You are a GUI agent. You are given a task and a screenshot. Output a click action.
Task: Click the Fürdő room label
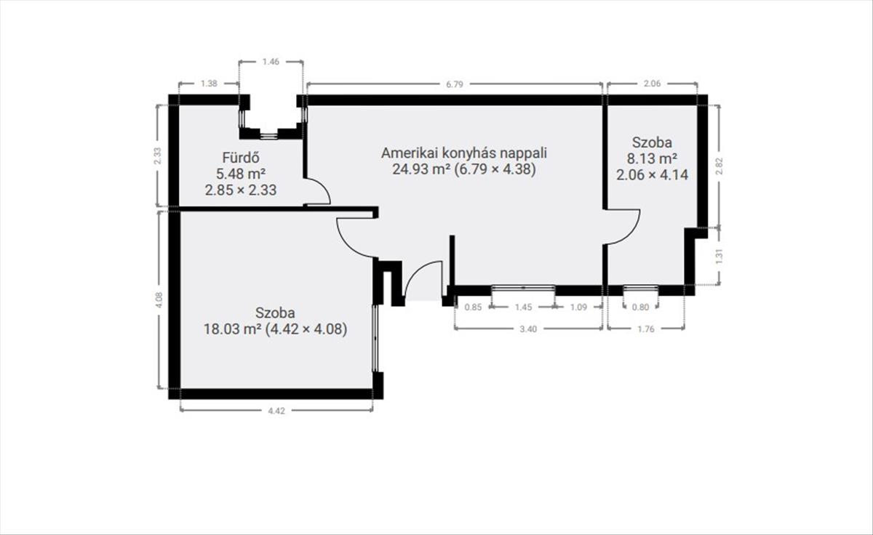241,158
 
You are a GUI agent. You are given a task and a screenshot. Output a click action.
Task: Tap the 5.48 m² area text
241,174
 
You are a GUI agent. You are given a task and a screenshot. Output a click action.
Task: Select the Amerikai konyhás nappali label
464,153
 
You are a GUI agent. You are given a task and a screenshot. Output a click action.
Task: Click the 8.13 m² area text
652,158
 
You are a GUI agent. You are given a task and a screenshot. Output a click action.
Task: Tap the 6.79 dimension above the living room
455,84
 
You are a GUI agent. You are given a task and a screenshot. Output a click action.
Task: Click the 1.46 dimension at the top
271,62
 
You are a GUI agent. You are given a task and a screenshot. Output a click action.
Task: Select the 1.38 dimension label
209,84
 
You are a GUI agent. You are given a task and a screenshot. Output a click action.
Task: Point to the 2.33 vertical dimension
157,156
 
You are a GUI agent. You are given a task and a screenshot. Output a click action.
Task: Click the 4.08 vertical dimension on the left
159,299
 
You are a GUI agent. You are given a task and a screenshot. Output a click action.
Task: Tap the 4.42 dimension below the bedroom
276,411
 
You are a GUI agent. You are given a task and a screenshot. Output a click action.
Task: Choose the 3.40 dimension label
528,329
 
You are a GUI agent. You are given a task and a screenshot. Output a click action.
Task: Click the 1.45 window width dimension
523,307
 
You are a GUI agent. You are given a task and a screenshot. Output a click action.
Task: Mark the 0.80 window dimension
640,307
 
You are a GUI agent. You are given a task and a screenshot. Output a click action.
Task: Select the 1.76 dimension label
646,329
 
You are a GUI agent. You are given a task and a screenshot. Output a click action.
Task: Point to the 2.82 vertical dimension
719,166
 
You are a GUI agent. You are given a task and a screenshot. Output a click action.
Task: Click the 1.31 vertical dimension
719,256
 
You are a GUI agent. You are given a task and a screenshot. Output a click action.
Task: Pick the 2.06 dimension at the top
653,84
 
